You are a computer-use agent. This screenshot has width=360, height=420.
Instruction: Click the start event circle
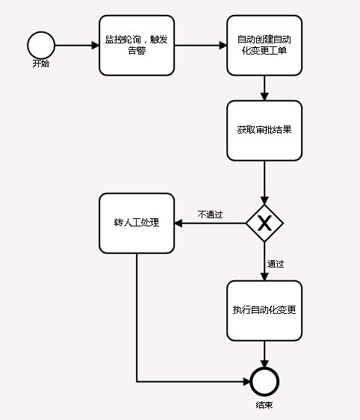(41, 45)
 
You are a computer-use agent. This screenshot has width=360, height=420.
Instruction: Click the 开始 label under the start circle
(41, 64)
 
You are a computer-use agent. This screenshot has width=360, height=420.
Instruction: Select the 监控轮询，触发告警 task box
(137, 45)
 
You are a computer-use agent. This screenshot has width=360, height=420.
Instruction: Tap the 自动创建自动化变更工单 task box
(264, 45)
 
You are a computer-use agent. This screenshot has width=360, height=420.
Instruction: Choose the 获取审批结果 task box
(264, 130)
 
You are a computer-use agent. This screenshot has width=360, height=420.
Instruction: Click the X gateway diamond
(264, 223)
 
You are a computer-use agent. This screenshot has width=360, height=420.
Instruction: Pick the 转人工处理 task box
(137, 223)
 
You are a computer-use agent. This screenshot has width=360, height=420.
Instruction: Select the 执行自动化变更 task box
(264, 310)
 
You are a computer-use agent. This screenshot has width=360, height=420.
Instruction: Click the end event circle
(264, 382)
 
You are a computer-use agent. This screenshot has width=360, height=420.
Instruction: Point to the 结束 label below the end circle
(264, 404)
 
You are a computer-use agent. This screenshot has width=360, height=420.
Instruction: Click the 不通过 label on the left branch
(210, 214)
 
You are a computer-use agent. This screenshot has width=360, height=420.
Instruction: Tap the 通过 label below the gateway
(276, 263)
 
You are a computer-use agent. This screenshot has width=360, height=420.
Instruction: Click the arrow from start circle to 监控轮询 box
(77, 45)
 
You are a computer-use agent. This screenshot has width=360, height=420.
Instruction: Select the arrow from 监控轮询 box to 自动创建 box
(200, 45)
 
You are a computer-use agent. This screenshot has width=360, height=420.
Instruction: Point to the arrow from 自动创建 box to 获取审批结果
(264, 87)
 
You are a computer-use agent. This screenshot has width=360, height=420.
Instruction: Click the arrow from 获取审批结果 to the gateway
(264, 181)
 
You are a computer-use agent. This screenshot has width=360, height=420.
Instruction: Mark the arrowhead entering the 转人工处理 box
(179, 223)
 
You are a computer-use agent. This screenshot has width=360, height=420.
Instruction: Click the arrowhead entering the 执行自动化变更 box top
(264, 276)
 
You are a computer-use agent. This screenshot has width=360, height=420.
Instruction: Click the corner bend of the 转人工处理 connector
(137, 382)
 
